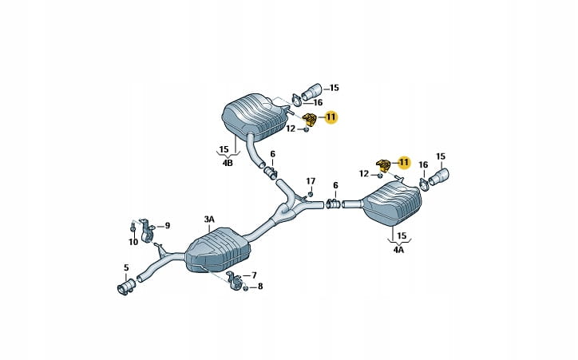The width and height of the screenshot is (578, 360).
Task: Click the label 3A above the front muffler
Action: [209, 219]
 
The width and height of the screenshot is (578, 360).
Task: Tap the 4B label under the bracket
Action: [228, 163]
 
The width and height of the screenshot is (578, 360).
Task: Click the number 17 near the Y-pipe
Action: [311, 181]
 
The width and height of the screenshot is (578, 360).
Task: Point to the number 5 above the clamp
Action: [125, 267]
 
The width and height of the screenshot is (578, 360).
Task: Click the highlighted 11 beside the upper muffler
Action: [331, 117]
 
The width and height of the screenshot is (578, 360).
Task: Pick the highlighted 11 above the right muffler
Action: [403, 162]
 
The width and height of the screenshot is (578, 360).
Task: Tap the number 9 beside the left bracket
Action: [167, 226]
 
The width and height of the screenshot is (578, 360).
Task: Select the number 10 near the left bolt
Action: [133, 241]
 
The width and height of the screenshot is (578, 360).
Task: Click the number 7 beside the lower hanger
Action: [254, 275]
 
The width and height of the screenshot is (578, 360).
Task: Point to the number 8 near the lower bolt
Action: [259, 287]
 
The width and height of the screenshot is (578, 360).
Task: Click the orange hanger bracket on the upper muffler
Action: [310, 121]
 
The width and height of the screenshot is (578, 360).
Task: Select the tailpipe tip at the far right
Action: [440, 177]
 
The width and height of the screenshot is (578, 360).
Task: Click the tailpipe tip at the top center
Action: [314, 89]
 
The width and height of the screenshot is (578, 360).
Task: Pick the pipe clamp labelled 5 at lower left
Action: [125, 287]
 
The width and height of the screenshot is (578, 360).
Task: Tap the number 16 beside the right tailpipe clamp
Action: [423, 165]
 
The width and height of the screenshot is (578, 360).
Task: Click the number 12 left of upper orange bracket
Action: [291, 128]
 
